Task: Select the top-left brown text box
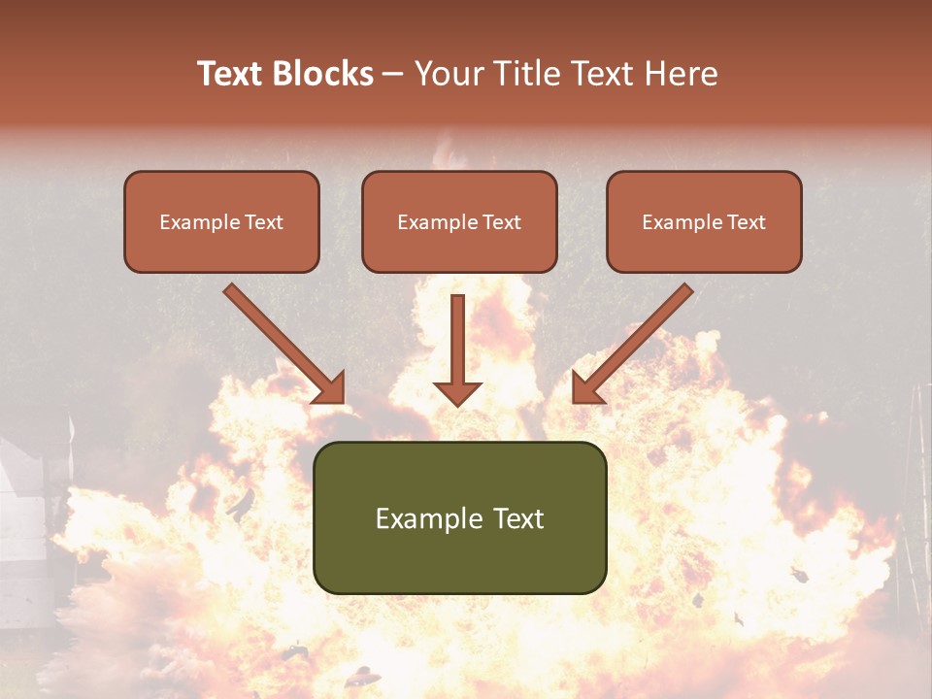(221, 221)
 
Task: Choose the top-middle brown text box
(459, 221)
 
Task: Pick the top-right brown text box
(704, 221)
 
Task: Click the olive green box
(459, 517)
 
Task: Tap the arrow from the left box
(282, 341)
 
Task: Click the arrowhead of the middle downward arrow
(457, 393)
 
